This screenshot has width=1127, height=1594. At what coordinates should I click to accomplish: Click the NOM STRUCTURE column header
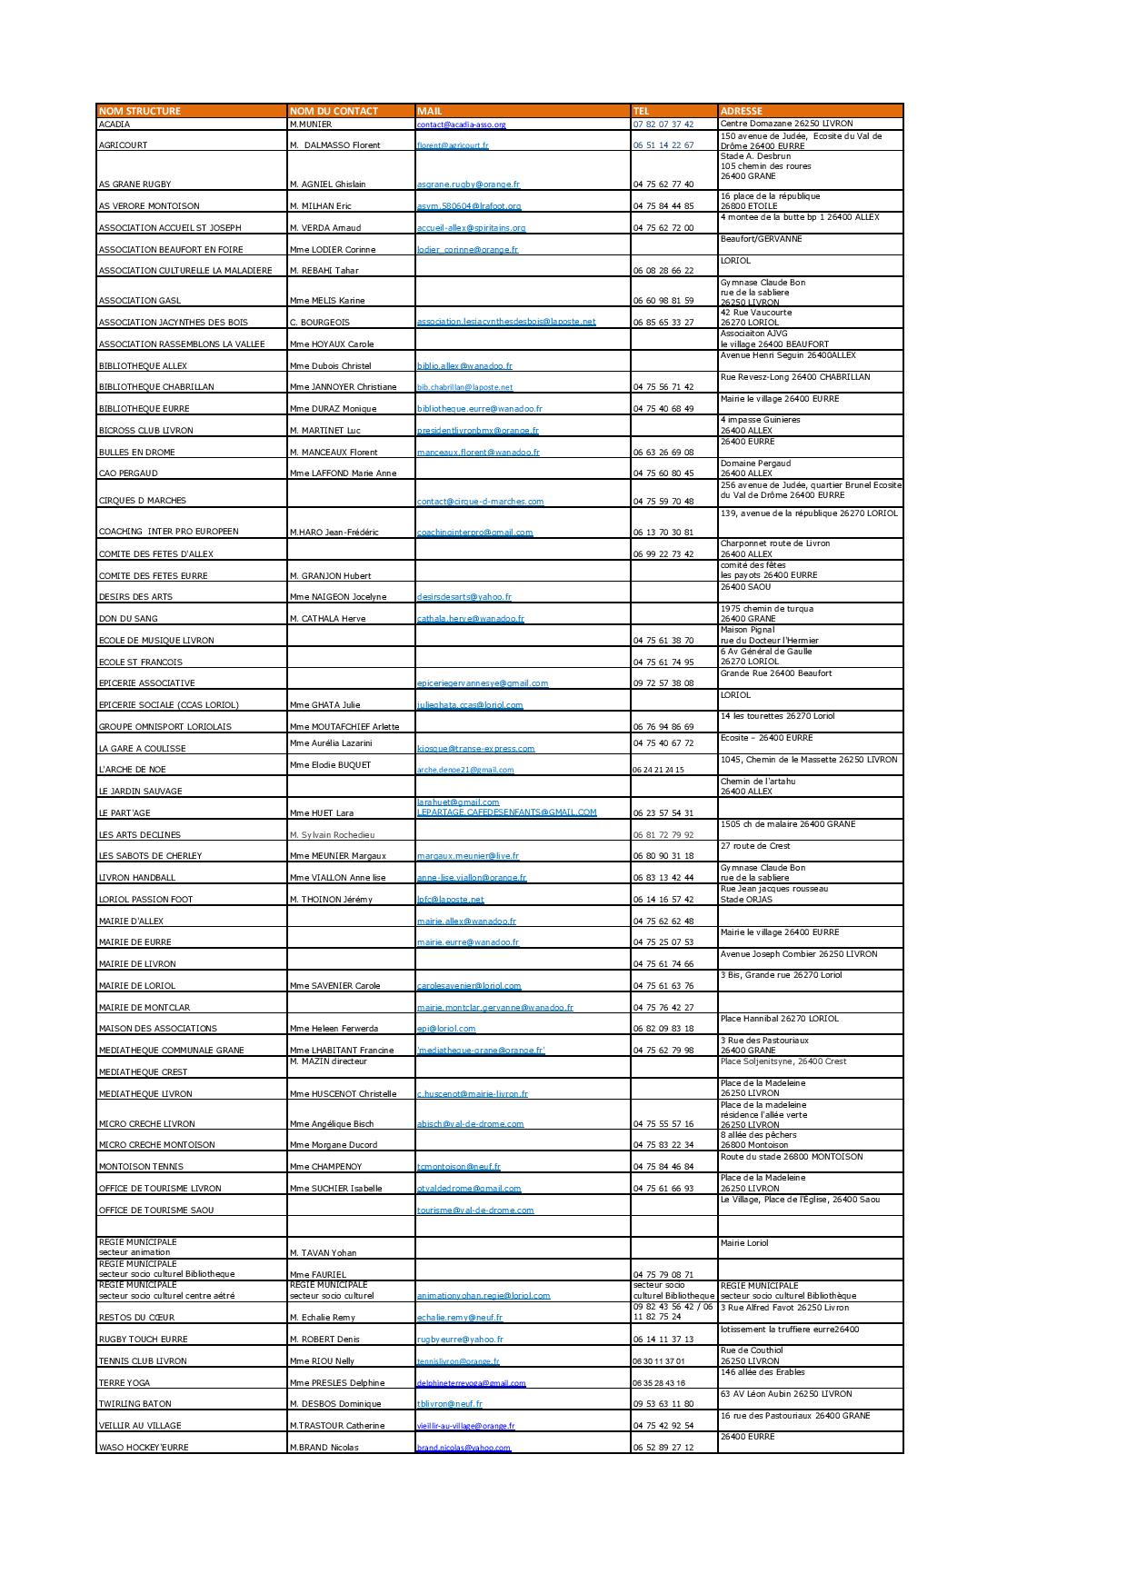(139, 111)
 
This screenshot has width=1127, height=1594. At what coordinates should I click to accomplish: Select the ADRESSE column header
(741, 111)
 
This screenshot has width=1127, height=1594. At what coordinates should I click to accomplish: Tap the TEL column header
(642, 111)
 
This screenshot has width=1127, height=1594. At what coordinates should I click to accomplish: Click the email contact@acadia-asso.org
(461, 125)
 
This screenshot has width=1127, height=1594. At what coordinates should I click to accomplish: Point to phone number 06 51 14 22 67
(663, 145)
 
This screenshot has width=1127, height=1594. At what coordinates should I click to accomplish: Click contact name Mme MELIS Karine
(326, 301)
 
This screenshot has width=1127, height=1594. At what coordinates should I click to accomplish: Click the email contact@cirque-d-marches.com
(480, 502)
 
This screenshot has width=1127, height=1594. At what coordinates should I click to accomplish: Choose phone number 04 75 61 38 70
(663, 641)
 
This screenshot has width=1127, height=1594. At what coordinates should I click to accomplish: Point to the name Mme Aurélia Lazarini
(331, 743)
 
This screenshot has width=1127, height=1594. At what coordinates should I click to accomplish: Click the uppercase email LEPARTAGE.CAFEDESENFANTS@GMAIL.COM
(506, 812)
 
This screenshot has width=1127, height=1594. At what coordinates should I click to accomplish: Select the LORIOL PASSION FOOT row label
(145, 900)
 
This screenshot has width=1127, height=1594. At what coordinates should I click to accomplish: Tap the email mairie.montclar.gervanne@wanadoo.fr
(494, 1008)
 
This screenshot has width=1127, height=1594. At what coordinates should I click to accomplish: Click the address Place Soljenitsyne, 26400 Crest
(783, 1061)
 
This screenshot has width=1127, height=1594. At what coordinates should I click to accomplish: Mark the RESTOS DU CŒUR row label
(136, 1318)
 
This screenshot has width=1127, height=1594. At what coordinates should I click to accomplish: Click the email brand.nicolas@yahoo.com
(464, 1448)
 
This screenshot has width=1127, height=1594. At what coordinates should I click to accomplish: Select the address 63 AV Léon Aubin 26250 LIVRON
(786, 1394)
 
